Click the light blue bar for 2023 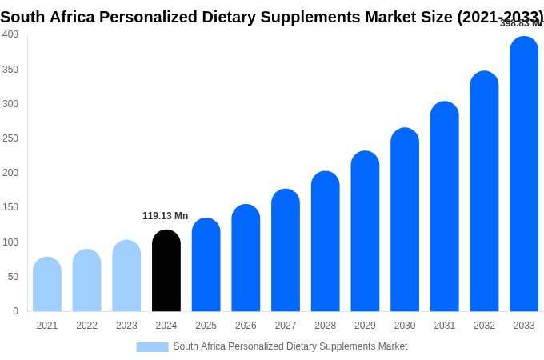tap(126, 276)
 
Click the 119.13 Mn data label tap(165, 216)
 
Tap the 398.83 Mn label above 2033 tap(521, 23)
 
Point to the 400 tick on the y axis tap(10, 34)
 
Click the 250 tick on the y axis tap(10, 138)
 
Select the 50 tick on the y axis tap(13, 277)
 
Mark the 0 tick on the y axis tap(15, 311)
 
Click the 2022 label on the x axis tap(86, 326)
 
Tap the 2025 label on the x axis tap(206, 326)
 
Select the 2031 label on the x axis tap(445, 326)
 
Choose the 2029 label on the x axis tap(365, 326)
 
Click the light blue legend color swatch tap(152, 347)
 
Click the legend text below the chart tap(290, 346)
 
